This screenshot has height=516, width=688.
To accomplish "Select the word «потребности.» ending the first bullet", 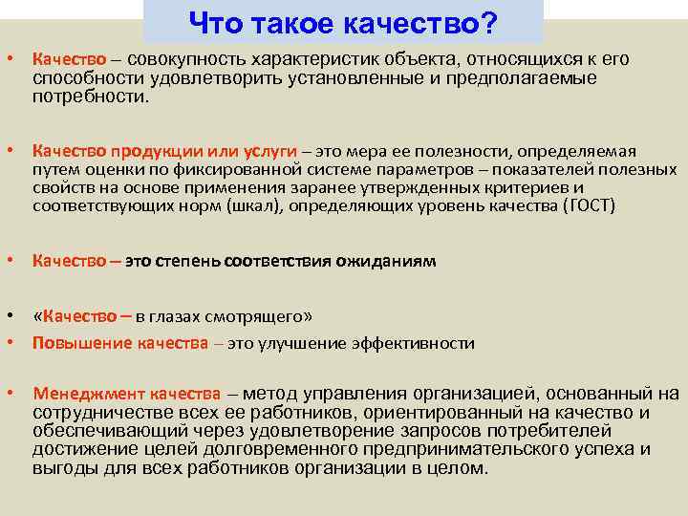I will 91,97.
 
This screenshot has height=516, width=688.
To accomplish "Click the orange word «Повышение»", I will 75,343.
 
